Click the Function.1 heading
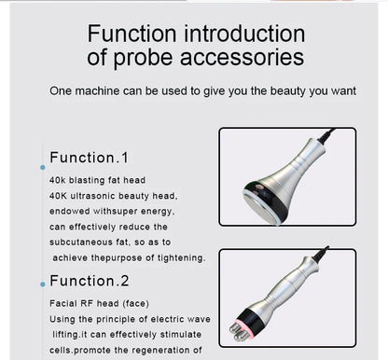coord(89,158)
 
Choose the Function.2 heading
coord(89,281)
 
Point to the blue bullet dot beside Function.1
coord(42,168)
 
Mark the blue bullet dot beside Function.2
coord(42,284)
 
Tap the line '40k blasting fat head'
coord(97,180)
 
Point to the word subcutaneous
coord(87,242)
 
